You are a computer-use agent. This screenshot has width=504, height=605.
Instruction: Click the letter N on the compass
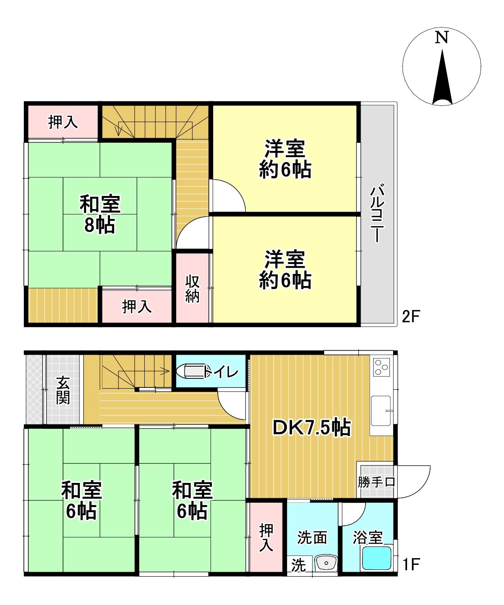click(441, 37)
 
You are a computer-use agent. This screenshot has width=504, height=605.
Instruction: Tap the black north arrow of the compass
click(442, 77)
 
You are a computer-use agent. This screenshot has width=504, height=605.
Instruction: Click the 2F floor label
click(411, 316)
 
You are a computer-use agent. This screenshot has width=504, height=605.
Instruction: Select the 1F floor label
click(411, 564)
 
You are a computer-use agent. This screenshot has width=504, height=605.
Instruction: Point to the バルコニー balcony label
click(377, 213)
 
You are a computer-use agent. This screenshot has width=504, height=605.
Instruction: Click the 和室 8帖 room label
click(100, 214)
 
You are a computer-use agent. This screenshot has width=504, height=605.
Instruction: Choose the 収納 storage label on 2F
click(192, 289)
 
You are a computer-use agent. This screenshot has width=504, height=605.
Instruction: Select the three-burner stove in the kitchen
click(381, 367)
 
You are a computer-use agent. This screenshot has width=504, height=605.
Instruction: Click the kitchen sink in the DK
click(381, 410)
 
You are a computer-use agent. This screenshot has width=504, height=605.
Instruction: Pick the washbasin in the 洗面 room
click(326, 563)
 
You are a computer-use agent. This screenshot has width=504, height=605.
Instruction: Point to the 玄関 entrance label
click(63, 390)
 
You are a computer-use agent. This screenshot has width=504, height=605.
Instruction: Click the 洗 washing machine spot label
click(298, 565)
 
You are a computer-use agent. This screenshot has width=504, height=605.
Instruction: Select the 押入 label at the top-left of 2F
click(63, 122)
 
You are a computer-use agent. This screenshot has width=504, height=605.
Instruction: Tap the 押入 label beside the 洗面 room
click(266, 537)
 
